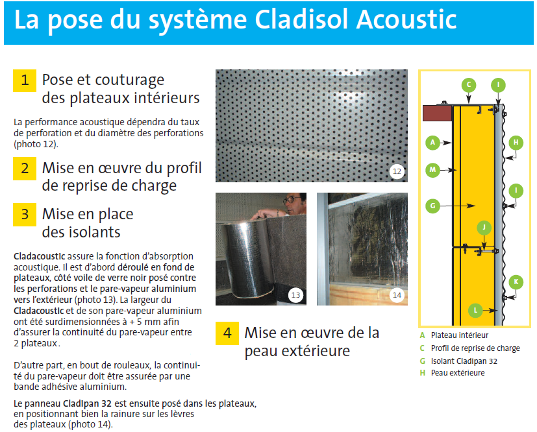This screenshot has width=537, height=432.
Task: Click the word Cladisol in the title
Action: click(302, 20)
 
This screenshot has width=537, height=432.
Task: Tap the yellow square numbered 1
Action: click(25, 80)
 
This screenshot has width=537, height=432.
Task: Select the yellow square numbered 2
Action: click(25, 169)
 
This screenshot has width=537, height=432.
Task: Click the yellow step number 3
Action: click(25, 215)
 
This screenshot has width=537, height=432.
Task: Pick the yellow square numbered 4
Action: click(227, 333)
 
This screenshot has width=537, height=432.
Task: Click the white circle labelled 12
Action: click(397, 171)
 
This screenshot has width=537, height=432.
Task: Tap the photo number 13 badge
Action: click(295, 295)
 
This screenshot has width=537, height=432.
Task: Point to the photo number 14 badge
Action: click(397, 295)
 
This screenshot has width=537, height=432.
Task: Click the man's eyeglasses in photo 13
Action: click(292, 199)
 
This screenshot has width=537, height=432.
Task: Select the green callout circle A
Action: click(432, 142)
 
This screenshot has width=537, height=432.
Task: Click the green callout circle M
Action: click(432, 170)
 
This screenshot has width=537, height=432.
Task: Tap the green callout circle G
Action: click(432, 206)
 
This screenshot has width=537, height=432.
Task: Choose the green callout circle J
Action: click(484, 228)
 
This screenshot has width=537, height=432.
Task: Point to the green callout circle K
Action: click(516, 282)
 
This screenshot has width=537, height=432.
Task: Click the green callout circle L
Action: click(475, 311)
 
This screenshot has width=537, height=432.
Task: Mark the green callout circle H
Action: click(516, 142)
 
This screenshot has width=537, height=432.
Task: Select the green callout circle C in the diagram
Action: click(469, 85)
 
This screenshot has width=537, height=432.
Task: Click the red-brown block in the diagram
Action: click(438, 114)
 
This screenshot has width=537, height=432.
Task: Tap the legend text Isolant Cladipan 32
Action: click(464, 361)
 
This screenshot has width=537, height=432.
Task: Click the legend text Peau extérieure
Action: click(458, 373)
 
